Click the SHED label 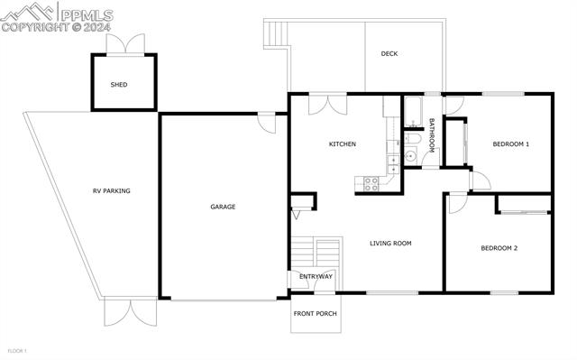[119, 85]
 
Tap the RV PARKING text [112, 190]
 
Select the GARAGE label [223, 207]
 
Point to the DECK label [389, 54]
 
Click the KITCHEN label [342, 144]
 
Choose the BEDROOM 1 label [510, 144]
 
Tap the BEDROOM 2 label [499, 248]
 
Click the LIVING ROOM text [390, 243]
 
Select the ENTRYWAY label [316, 277]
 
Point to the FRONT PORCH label [315, 314]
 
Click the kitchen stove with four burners [370, 183]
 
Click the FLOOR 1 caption [18, 350]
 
